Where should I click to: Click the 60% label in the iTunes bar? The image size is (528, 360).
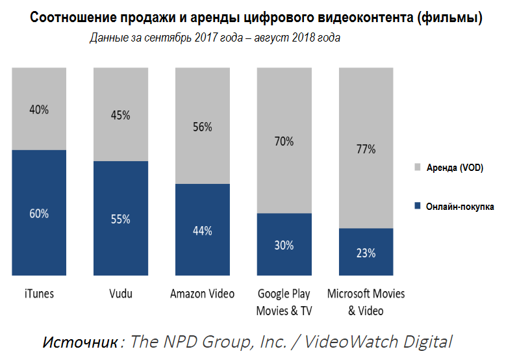[x=39, y=213]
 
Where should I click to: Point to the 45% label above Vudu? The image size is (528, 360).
[x=121, y=115]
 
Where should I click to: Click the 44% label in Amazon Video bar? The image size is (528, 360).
[x=203, y=230]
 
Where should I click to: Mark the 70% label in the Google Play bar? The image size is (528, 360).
[x=284, y=141]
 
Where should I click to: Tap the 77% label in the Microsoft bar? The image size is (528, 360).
[x=366, y=149]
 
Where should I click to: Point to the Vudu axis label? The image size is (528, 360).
[x=121, y=294]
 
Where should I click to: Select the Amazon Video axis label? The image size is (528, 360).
[x=203, y=294]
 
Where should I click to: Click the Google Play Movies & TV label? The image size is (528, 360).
[x=284, y=302]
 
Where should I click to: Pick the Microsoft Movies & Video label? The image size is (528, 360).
[x=366, y=302]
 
